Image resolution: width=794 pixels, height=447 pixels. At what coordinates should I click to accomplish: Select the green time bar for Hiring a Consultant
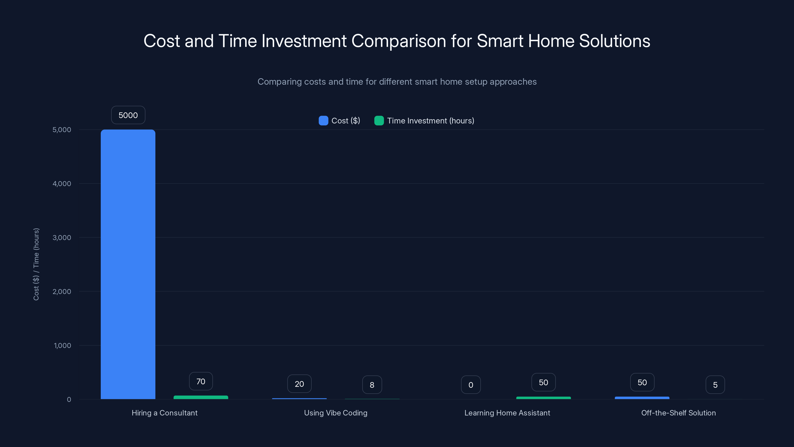tap(201, 397)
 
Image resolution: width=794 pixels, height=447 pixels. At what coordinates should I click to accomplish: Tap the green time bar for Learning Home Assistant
tap(543, 398)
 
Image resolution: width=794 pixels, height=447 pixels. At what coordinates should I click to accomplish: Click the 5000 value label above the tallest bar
tap(128, 115)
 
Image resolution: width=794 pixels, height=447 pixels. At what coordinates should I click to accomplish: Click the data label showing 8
tap(372, 385)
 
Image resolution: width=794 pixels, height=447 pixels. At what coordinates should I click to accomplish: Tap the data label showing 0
tap(470, 385)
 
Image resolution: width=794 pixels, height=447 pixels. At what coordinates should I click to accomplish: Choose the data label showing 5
tap(715, 385)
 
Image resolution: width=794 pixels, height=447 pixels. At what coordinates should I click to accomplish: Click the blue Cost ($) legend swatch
tap(323, 121)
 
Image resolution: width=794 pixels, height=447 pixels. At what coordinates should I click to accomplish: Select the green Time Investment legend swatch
tap(379, 121)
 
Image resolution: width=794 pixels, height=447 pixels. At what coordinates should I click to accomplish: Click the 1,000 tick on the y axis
tap(62, 345)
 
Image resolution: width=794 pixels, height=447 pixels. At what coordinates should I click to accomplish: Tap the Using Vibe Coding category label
tap(335, 413)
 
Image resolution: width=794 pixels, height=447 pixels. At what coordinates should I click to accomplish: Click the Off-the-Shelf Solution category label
tap(678, 413)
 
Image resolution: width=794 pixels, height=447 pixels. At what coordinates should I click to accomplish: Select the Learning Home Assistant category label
tap(507, 413)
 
